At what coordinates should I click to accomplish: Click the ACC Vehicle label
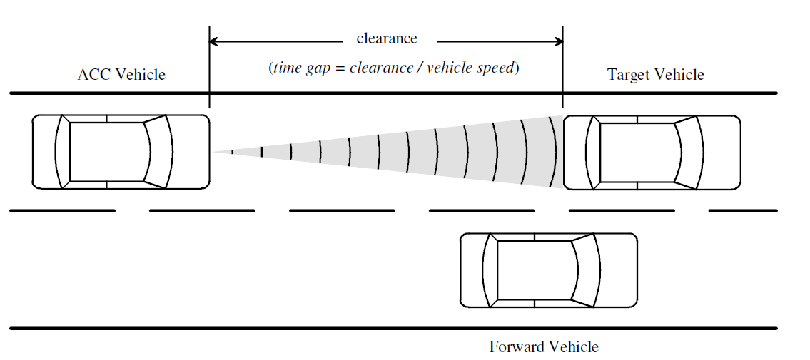(121, 75)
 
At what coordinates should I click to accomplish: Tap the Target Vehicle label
(655, 75)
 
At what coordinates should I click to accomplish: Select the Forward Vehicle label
(544, 347)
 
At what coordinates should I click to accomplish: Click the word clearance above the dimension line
(387, 38)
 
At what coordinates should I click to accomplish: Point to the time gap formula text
(393, 69)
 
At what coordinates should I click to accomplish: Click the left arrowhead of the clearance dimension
(213, 42)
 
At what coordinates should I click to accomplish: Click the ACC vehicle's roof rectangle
(107, 152)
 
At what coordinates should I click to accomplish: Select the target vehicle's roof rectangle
(637, 152)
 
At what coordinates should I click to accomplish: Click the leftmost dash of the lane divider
(63, 211)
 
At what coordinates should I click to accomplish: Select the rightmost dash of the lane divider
(742, 211)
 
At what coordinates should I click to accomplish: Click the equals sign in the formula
(340, 69)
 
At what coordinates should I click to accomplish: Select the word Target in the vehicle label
(627, 75)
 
